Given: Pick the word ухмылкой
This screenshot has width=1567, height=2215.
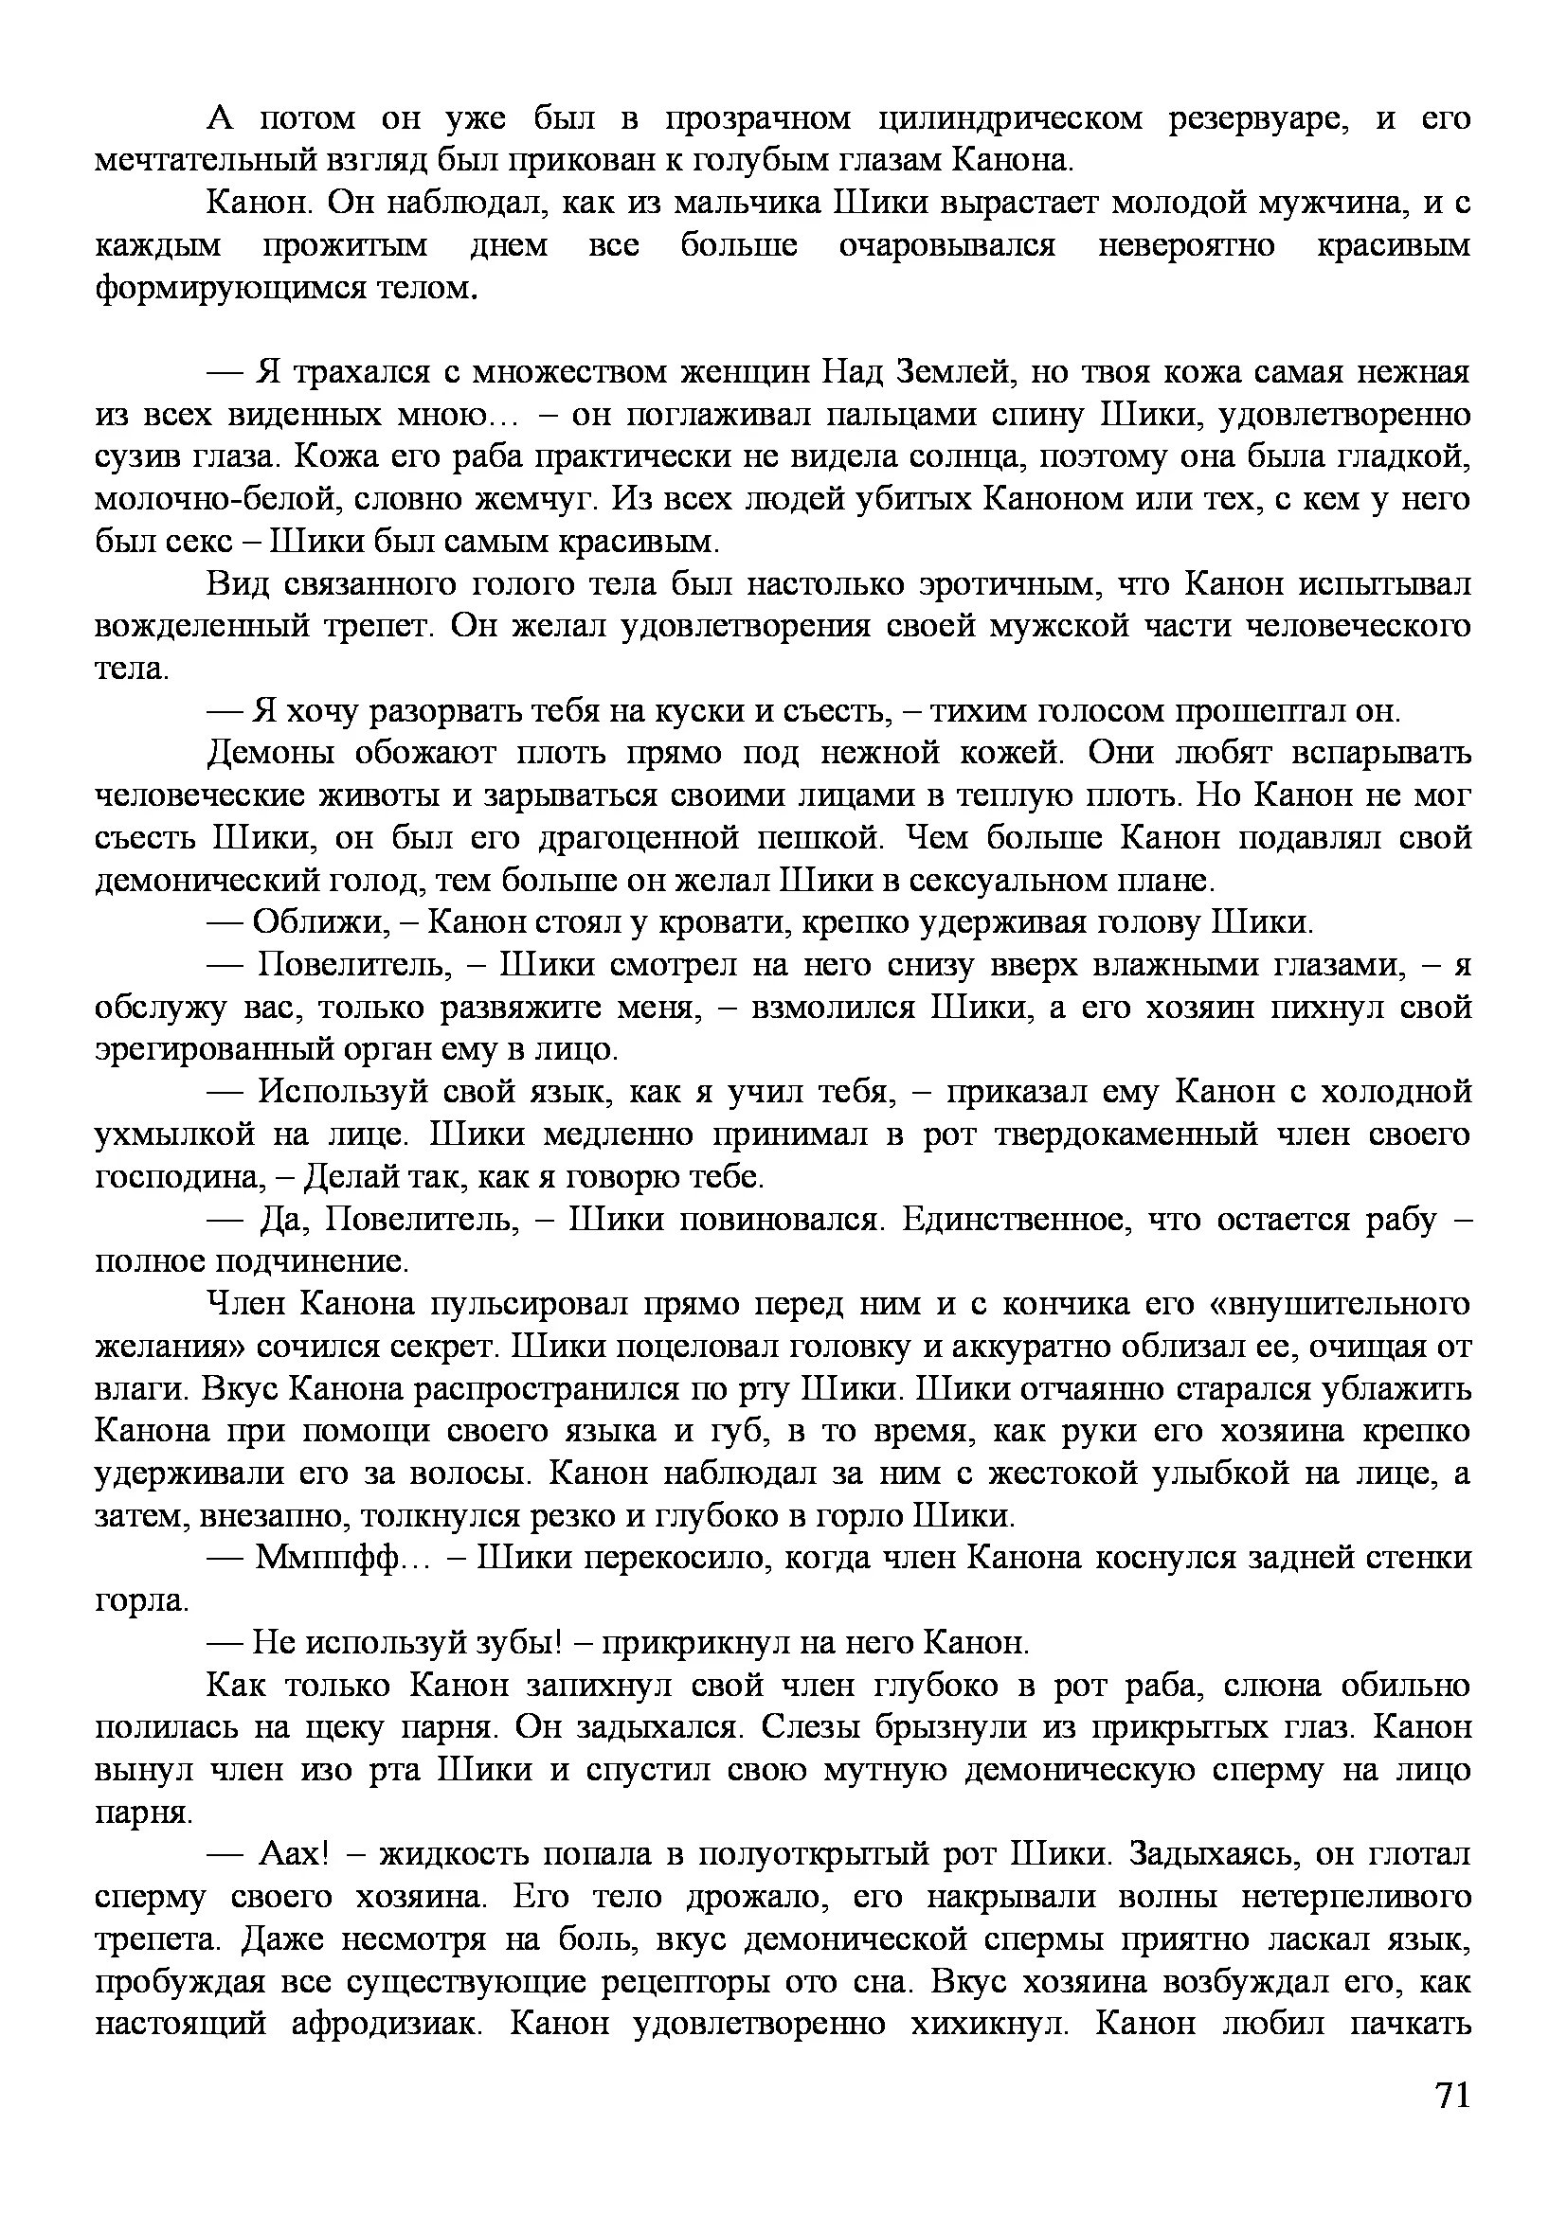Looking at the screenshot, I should coord(173,1135).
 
